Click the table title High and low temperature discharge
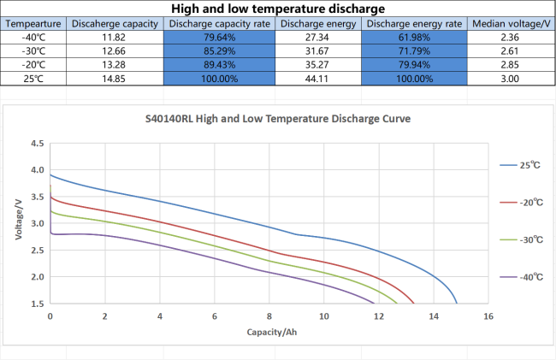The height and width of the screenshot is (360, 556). point(278,9)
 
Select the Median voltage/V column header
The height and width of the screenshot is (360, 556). point(511,24)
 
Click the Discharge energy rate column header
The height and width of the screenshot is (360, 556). point(414,24)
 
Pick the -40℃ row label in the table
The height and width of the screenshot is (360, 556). point(33,38)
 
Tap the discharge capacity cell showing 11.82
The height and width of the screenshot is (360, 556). point(114,38)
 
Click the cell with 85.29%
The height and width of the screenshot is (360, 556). point(220,51)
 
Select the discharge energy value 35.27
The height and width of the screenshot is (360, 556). point(317,65)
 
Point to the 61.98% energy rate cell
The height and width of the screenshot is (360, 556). point(414,38)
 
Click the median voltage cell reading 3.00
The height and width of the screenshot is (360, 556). point(510,79)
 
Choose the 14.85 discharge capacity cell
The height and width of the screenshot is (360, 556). point(114,79)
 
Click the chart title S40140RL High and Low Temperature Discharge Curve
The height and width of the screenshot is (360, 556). point(278,118)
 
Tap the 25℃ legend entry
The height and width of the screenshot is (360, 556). point(520,165)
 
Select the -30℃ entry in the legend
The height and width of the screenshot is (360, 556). point(522,240)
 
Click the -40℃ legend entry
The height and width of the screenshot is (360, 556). point(522,277)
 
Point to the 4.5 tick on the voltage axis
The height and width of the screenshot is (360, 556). point(38,144)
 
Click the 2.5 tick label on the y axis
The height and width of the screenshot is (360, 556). point(38,251)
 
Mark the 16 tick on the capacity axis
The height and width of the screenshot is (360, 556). point(488,316)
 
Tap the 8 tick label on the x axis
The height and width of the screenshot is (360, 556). point(269,316)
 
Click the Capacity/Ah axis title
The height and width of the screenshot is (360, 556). point(272,332)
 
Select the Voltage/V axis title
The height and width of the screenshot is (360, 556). point(19,220)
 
